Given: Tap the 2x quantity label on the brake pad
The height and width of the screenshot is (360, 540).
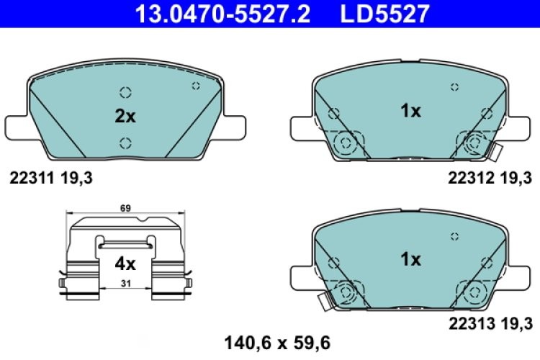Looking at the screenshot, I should tap(125, 116).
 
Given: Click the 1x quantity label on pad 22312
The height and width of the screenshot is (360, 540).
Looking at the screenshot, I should tap(410, 111).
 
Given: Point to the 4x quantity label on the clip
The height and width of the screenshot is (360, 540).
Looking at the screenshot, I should tap(125, 264).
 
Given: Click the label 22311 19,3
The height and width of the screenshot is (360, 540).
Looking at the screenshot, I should tap(50, 176).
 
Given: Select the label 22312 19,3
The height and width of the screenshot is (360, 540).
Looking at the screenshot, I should tap(489, 176).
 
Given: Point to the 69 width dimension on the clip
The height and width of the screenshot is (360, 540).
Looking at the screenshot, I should tap(126, 208).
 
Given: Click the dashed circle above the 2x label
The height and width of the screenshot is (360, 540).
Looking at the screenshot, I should tap(125, 92).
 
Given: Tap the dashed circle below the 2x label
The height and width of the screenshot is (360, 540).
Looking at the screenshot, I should tap(125, 141).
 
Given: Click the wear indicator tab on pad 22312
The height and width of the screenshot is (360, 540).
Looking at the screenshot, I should tap(495, 151).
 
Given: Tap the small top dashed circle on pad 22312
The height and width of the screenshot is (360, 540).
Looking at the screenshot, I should tap(454, 87).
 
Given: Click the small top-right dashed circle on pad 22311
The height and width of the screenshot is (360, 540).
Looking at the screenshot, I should tap(194, 86).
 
